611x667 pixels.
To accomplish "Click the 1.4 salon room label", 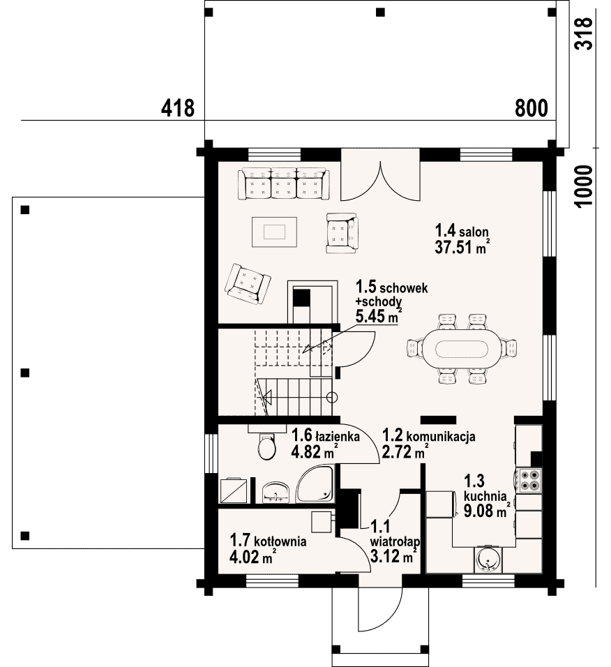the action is coord(461,231).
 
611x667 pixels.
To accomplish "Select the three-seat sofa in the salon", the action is coord(284,183).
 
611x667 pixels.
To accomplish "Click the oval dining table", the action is coord(462,350).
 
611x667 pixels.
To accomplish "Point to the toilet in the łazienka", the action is coord(266,447).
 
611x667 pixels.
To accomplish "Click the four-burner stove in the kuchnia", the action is coord(529,480).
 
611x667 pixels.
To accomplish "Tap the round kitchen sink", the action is coord(488,559).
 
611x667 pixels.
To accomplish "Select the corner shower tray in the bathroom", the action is coord(315,484).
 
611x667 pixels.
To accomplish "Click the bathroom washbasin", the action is coord(275,492).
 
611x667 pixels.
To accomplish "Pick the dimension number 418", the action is coord(178,108).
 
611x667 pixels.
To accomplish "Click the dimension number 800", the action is coord(531,108).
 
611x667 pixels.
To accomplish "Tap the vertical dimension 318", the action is coord(583,33).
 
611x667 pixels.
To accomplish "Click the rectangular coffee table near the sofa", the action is coord(274,232).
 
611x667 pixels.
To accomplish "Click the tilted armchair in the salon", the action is coord(248,284).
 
